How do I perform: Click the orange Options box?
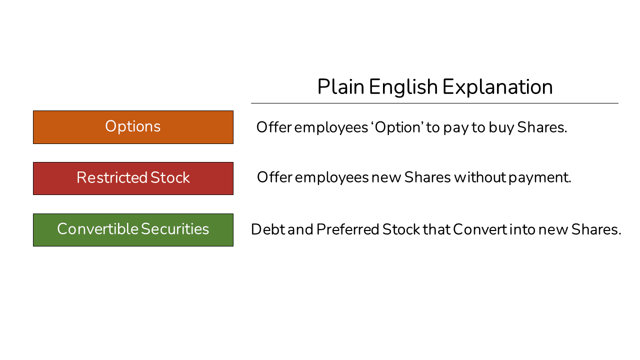tap(133, 127)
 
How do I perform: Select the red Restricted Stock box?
tap(133, 178)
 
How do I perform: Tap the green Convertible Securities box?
tap(133, 230)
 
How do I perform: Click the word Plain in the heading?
tap(340, 87)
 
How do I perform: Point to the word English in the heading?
tap(403, 87)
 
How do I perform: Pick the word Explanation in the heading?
tap(497, 87)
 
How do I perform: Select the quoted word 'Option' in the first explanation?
tap(397, 127)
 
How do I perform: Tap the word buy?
tap(501, 127)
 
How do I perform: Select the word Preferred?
tap(347, 229)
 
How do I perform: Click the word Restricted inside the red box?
tap(111, 178)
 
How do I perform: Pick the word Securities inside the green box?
tap(174, 229)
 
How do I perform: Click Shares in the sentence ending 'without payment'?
tap(427, 177)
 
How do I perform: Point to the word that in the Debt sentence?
tap(437, 229)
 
